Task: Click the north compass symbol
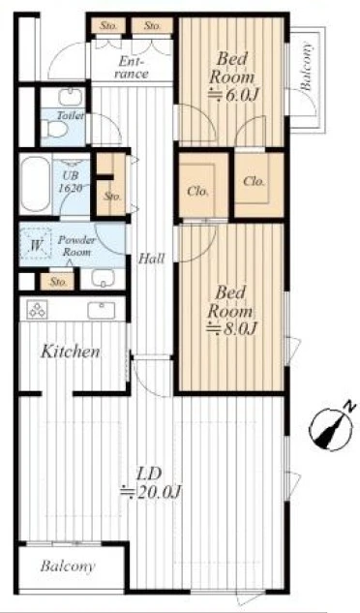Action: point(332,428)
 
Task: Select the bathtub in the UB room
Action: point(35,184)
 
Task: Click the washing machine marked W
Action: point(36,244)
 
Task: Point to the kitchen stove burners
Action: point(38,310)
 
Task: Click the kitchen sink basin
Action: point(102,310)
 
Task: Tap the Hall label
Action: point(152,258)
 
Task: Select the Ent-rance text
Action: point(132,67)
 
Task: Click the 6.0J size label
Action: point(234,95)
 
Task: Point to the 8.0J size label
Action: point(231,329)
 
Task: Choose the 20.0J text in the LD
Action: point(151,492)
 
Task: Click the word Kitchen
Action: point(71,352)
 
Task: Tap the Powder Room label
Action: point(76,246)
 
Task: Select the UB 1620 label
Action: point(71,182)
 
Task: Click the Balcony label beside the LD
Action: point(67,567)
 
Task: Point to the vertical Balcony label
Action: point(307,66)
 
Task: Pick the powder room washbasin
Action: point(103,278)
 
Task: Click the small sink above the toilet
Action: point(71,96)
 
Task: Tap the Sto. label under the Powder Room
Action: point(59,282)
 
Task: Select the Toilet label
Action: point(70,115)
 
